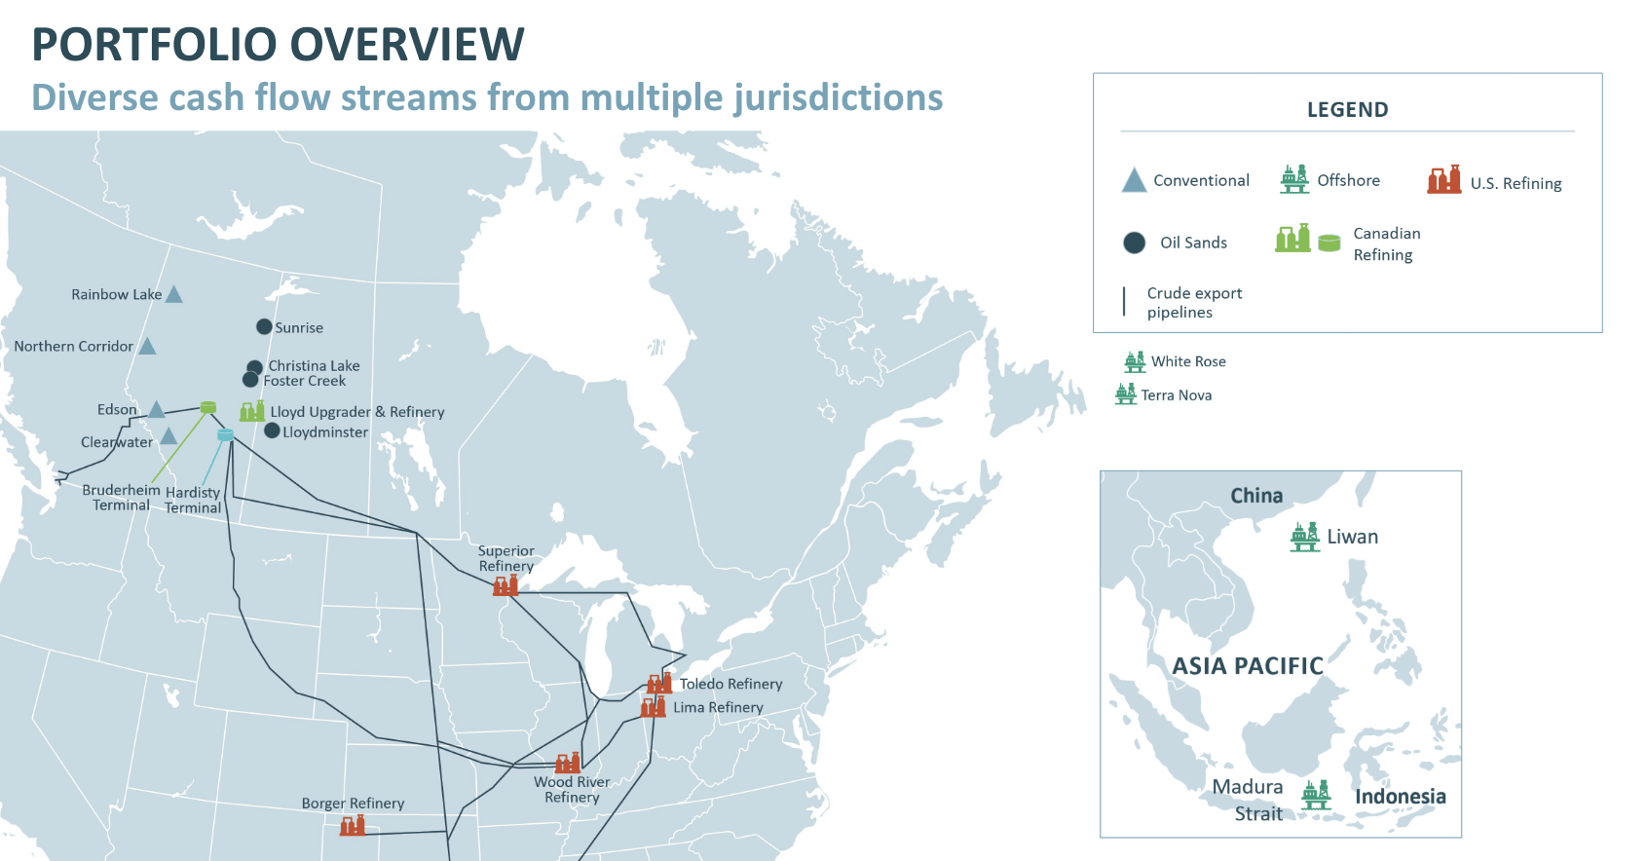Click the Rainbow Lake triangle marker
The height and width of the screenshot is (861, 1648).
(173, 294)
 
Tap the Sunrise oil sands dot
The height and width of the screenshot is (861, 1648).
(264, 326)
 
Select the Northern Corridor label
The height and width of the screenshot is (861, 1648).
(73, 346)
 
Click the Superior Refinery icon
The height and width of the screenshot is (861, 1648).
(506, 584)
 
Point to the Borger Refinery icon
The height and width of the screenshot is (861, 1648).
(353, 826)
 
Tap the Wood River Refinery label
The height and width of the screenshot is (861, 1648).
(572, 789)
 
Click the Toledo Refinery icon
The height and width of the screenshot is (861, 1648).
(659, 683)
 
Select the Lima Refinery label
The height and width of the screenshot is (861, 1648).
(718, 707)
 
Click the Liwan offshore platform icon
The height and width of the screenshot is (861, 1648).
(1305, 537)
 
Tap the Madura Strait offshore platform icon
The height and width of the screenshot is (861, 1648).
(1316, 795)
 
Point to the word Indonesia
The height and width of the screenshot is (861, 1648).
(1400, 796)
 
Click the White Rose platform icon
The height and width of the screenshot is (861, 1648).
(1135, 361)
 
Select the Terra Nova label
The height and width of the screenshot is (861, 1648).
(1177, 394)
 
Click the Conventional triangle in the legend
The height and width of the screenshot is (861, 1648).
(1134, 180)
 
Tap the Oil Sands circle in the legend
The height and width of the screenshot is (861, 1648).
(1134, 243)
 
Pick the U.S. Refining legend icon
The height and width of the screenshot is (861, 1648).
(1444, 180)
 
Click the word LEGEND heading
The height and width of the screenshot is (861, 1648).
(1347, 109)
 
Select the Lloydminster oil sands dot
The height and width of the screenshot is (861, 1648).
(272, 430)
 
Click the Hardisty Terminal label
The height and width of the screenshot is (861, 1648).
(193, 500)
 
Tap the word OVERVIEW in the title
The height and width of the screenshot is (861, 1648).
(406, 45)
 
